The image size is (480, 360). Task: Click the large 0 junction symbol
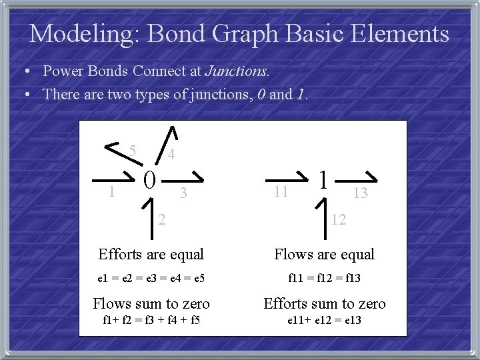click(x=151, y=179)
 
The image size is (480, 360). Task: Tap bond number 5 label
click(x=133, y=150)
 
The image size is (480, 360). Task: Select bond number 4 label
click(x=171, y=155)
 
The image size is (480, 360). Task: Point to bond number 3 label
click(x=185, y=193)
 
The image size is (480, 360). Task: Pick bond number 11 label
click(x=281, y=193)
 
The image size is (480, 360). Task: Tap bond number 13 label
click(x=360, y=193)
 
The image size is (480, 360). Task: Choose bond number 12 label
click(x=339, y=219)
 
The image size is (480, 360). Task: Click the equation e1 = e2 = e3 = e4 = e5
click(x=151, y=279)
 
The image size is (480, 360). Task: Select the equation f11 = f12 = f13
click(x=325, y=279)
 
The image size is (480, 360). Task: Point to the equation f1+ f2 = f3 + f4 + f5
click(x=151, y=322)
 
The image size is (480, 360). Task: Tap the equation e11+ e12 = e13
click(x=325, y=322)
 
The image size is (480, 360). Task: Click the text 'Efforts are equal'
click(x=151, y=254)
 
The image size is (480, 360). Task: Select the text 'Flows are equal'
click(x=325, y=254)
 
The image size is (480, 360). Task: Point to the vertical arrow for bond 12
click(x=323, y=215)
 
